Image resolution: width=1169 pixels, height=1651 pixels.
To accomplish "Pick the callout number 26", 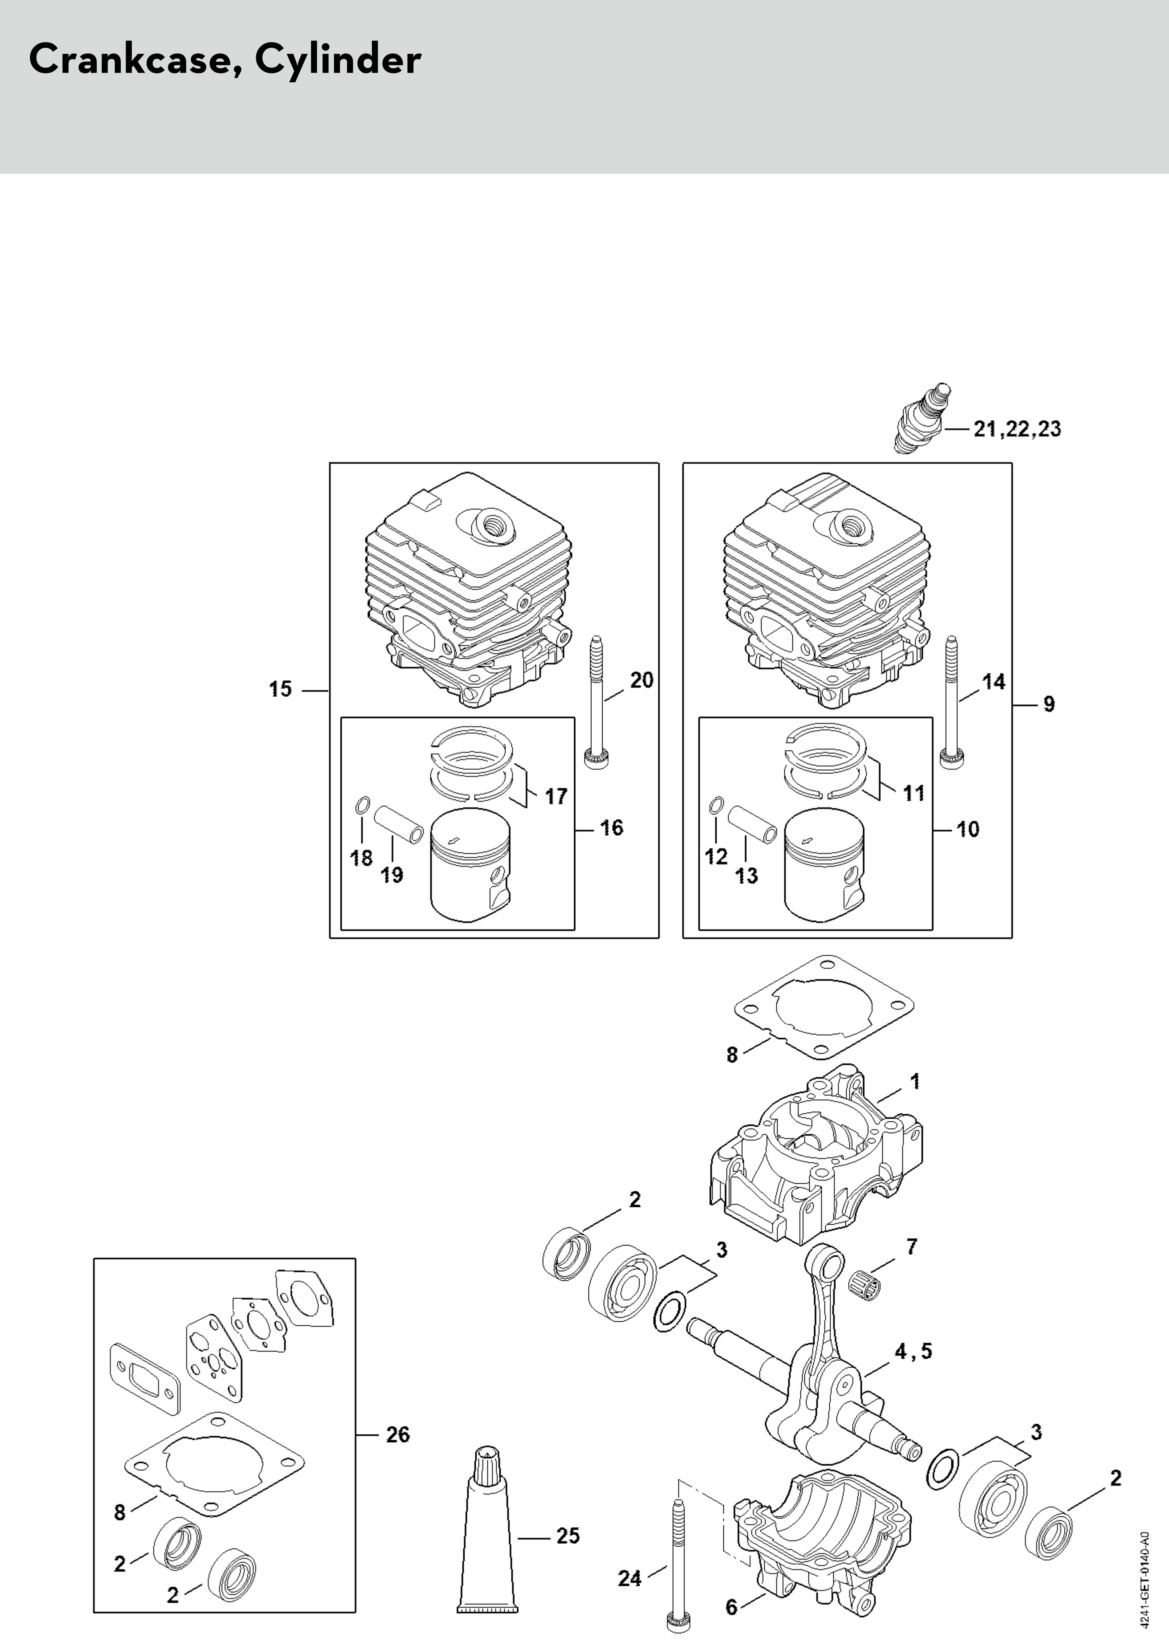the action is pyautogui.click(x=398, y=1435).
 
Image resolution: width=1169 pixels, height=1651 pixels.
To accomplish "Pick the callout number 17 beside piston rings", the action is pyautogui.click(x=556, y=796).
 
